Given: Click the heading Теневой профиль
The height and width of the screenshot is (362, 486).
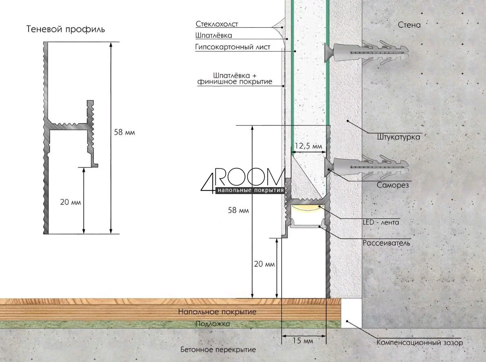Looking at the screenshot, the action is [66, 29].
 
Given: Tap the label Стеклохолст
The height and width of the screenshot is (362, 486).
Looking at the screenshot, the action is [217, 24].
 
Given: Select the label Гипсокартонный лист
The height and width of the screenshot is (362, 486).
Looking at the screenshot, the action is [233, 47].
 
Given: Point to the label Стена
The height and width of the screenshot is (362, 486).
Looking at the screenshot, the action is [409, 25].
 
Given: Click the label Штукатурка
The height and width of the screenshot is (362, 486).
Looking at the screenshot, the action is [399, 137].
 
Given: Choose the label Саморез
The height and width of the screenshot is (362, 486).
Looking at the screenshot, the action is [393, 185].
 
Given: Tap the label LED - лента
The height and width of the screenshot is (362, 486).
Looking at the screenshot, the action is [381, 222].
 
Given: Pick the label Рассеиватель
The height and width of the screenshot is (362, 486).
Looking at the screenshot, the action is [386, 243].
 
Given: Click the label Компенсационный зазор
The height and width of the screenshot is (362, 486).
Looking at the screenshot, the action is [420, 342].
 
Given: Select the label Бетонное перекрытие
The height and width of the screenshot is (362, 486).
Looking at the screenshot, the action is [218, 350].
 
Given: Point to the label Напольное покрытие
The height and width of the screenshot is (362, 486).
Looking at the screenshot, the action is [217, 311].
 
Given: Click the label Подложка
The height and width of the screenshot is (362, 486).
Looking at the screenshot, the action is [213, 324].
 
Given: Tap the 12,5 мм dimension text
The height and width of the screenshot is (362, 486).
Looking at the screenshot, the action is [308, 146].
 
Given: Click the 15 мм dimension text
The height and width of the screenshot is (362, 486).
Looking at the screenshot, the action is [303, 341].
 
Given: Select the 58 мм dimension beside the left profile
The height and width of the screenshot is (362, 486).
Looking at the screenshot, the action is [124, 132].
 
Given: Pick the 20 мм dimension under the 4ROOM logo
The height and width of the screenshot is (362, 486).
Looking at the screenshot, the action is [264, 264].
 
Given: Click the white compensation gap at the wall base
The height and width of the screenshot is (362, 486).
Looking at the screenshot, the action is [352, 313].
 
